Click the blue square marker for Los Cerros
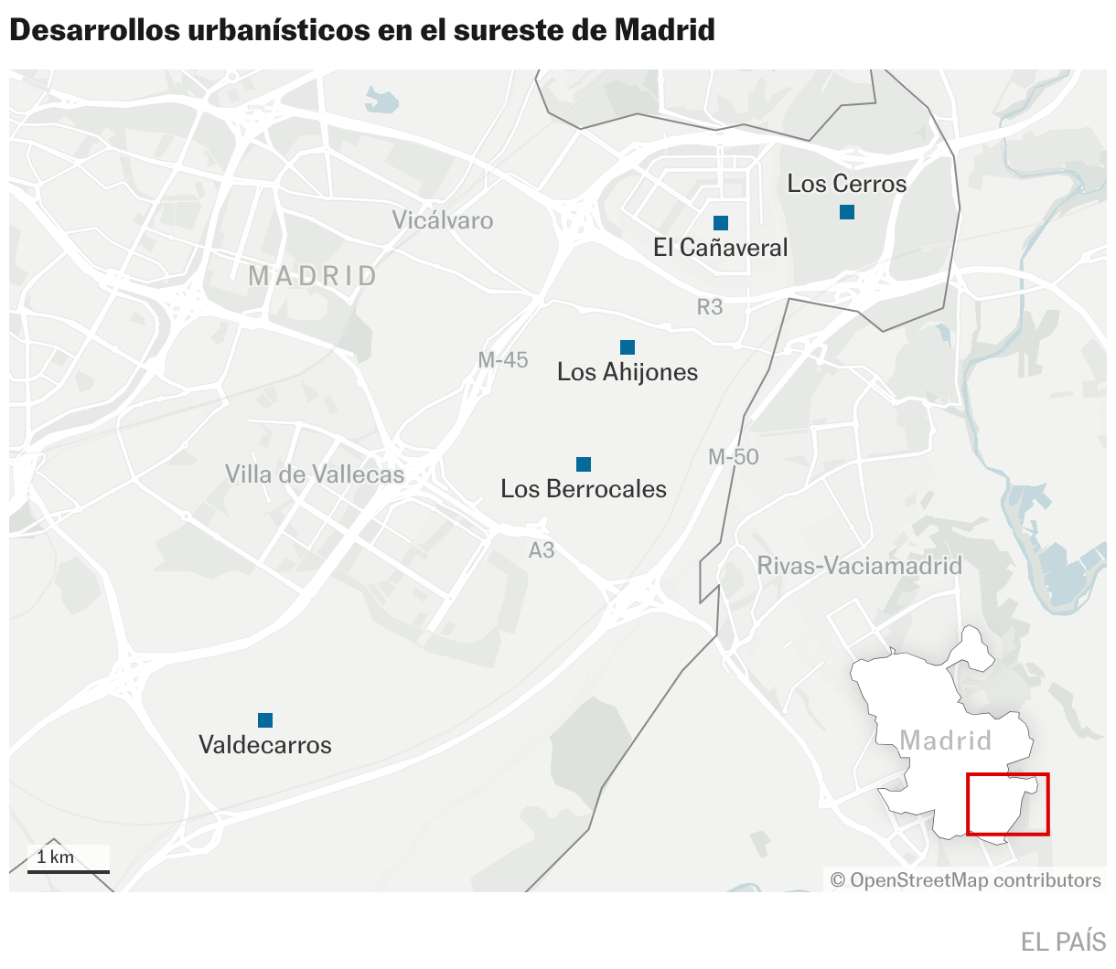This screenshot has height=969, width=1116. [x=847, y=212]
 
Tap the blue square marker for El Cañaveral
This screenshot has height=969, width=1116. [x=721, y=223]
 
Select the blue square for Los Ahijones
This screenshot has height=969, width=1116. [x=628, y=347]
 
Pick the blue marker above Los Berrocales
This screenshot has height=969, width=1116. [x=584, y=464]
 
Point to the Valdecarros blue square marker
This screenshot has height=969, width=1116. [x=265, y=720]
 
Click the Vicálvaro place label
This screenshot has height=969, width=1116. [x=443, y=220]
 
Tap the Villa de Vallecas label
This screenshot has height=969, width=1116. [x=315, y=474]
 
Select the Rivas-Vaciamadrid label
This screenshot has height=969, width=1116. [x=860, y=566]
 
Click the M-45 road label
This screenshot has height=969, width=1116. [x=503, y=360]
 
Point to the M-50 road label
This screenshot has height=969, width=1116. [x=734, y=457]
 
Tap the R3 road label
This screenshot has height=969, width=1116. [x=710, y=307]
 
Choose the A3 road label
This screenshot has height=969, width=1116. [x=542, y=550]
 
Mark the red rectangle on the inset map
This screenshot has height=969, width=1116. [x=1008, y=804]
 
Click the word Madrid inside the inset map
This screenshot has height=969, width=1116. [x=946, y=740]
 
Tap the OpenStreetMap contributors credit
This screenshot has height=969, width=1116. [x=966, y=880]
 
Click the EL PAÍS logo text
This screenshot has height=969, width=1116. [x=1063, y=942]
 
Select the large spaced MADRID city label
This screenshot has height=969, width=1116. [x=313, y=276]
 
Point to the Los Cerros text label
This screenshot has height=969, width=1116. [x=847, y=184]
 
